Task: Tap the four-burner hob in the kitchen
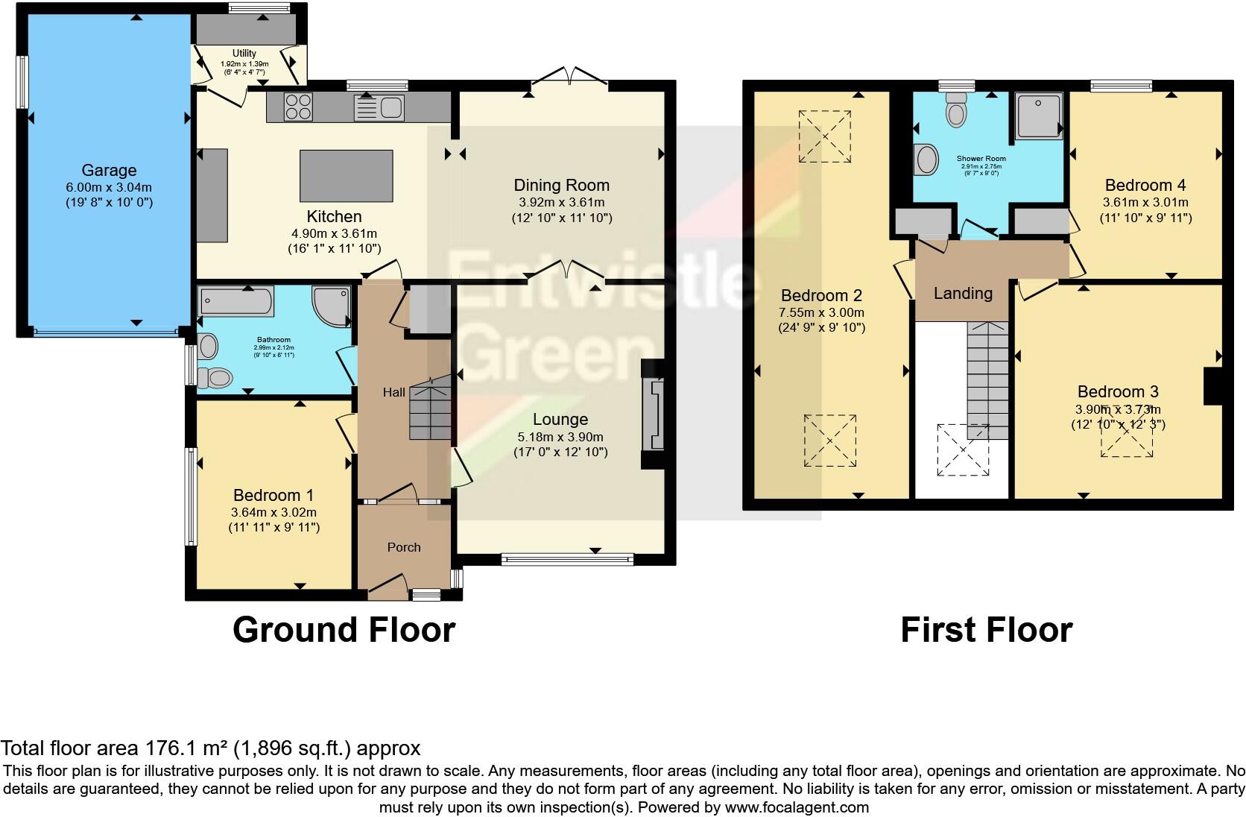point(298,107)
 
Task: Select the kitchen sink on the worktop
point(390,108)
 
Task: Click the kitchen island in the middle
point(346,176)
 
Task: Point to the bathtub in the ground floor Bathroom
point(235,300)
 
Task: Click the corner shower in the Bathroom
point(332,306)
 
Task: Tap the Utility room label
point(244,54)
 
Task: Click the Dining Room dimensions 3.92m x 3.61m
point(561,202)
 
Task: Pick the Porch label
point(404,547)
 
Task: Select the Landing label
point(963,293)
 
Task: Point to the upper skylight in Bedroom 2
point(825,136)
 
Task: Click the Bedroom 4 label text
point(1145,185)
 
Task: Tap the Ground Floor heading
point(344,630)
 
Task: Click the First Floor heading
point(986,630)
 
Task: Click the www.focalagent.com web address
point(797,807)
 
